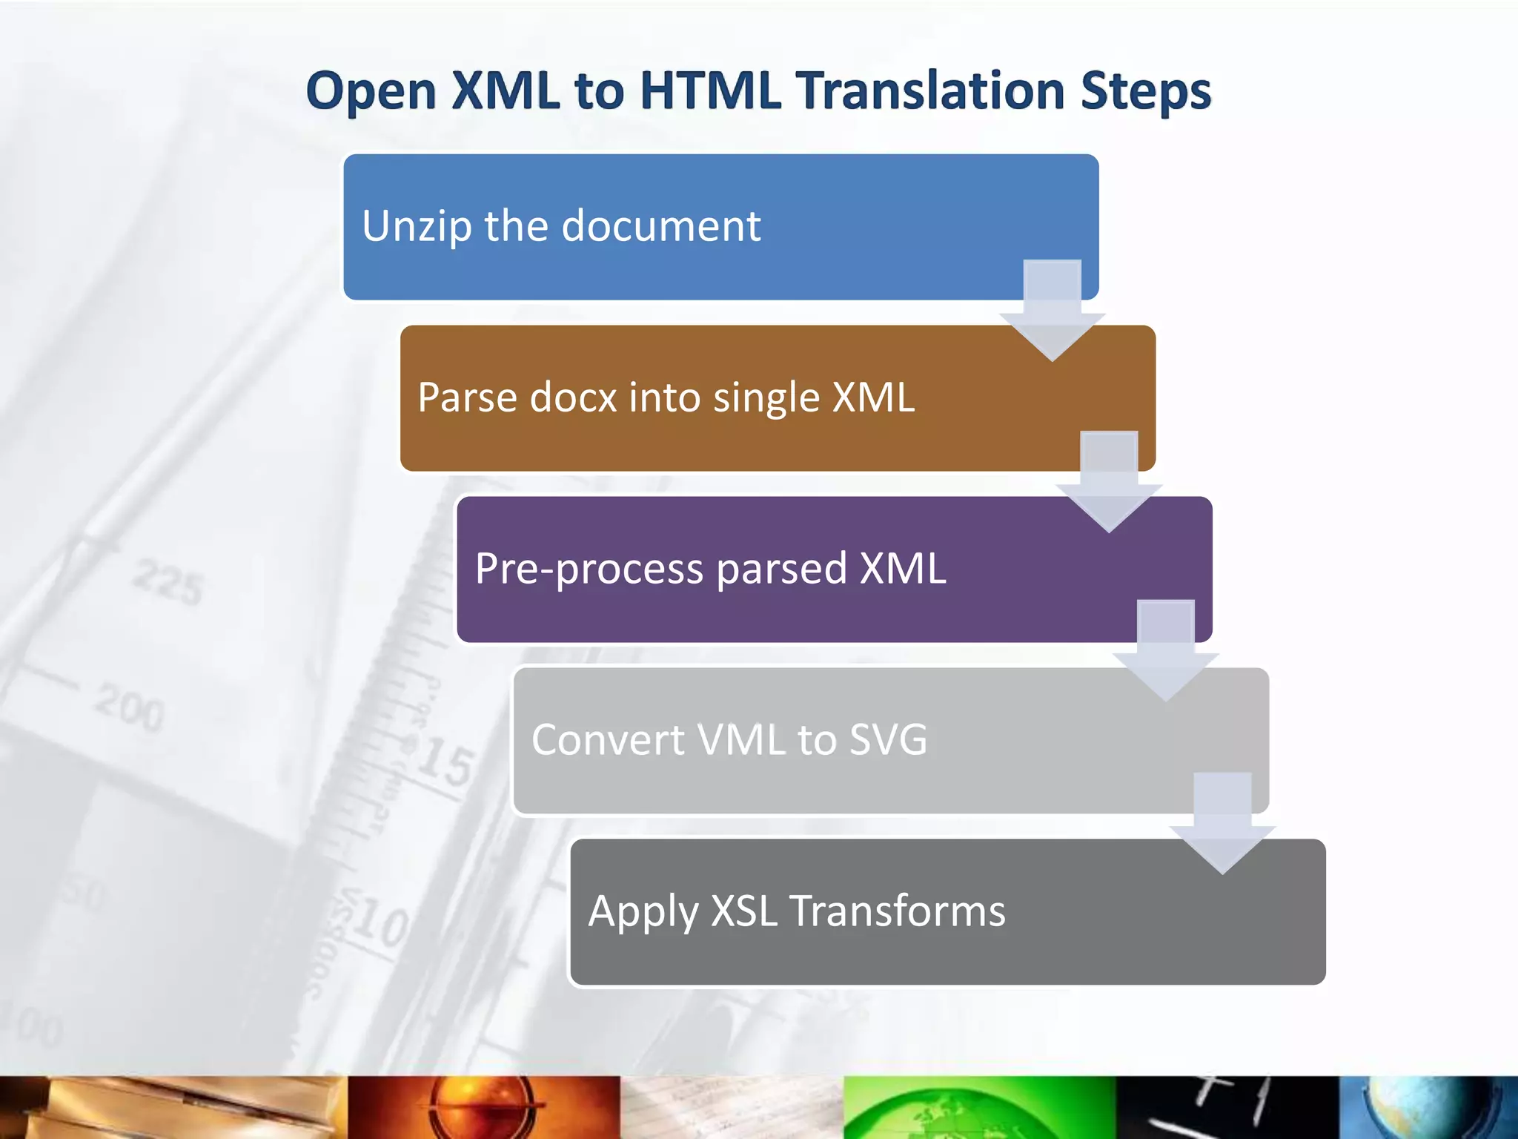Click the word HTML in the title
pos(709,90)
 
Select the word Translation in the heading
pos(931,90)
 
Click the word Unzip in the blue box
pos(416,226)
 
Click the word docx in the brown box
pos(573,397)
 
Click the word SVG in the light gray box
pos(887,739)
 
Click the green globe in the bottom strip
pos(978,1109)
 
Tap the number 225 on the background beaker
pos(168,583)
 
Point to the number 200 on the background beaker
pos(129,707)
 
